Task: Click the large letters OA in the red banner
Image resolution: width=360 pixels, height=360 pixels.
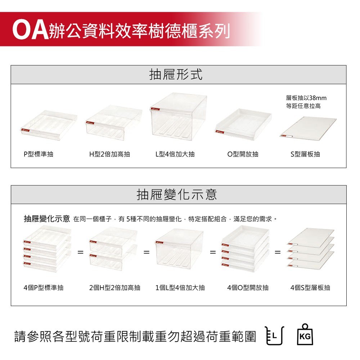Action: pos(30,30)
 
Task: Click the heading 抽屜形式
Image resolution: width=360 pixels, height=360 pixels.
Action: pos(176,75)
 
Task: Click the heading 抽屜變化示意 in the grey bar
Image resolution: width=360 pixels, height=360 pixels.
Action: pos(176,194)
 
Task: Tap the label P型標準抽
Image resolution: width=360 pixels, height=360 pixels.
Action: pos(39,154)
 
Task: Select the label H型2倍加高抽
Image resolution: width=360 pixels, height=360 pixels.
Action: pos(110,154)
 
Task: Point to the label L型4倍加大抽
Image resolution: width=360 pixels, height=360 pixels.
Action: pos(175,154)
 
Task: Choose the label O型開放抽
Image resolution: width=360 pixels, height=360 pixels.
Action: pos(243,154)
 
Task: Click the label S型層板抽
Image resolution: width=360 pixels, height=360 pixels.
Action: pos(305,154)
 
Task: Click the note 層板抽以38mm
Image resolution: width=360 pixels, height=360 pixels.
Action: pos(306,98)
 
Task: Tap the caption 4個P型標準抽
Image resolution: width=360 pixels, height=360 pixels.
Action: pos(44,288)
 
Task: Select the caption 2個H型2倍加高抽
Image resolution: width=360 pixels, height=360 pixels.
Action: pos(115,288)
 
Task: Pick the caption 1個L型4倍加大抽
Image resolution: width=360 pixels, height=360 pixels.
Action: pos(180,288)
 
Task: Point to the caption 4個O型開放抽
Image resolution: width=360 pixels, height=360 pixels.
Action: pos(248,288)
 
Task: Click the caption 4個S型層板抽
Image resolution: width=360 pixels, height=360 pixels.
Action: pos(310,288)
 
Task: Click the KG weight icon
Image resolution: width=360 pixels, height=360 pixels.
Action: pos(305,334)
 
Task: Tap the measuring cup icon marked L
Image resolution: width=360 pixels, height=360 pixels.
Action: pos(275,336)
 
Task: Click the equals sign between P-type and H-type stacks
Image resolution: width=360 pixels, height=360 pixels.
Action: pos(80,252)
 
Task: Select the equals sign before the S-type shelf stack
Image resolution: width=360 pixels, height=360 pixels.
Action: pos(278,252)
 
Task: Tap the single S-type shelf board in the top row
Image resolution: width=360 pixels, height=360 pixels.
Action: pos(308,128)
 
